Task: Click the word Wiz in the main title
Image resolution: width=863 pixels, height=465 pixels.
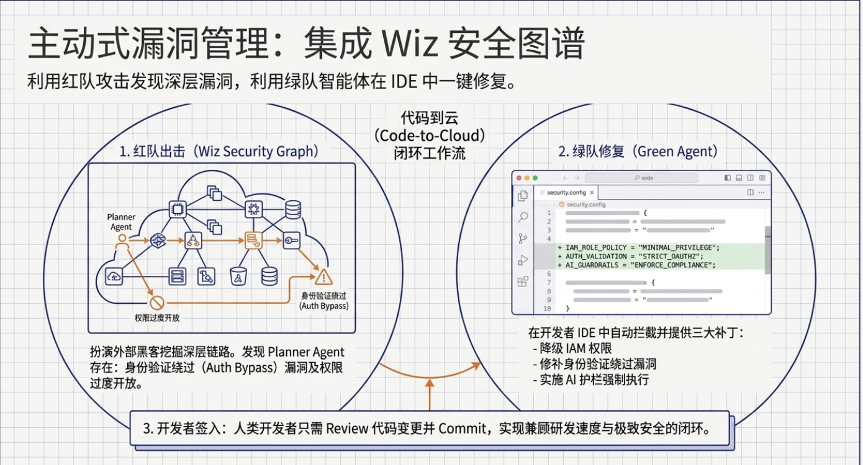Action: pyautogui.click(x=410, y=43)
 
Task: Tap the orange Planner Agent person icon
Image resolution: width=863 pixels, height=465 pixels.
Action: pyautogui.click(x=122, y=242)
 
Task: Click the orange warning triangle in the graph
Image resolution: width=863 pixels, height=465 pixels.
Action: pyautogui.click(x=323, y=277)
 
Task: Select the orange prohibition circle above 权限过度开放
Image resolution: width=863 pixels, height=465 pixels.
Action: pyautogui.click(x=157, y=303)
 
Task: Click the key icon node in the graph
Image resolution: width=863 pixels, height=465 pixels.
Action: pyautogui.click(x=291, y=241)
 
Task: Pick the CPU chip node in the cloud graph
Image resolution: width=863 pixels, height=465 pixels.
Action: pyautogui.click(x=178, y=210)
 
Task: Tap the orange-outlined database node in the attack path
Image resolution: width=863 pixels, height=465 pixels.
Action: pyautogui.click(x=253, y=241)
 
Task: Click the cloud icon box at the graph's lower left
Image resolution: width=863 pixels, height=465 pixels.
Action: pyautogui.click(x=114, y=276)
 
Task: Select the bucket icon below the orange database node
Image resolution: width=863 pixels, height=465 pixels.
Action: pyautogui.click(x=238, y=277)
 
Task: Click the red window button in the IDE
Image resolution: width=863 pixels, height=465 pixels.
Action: pyautogui.click(x=519, y=178)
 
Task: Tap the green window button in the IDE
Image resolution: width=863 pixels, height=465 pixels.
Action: pyautogui.click(x=535, y=178)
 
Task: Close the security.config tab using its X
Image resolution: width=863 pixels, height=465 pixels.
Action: pyautogui.click(x=592, y=192)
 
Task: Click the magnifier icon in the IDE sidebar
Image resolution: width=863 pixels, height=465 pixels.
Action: pyautogui.click(x=523, y=217)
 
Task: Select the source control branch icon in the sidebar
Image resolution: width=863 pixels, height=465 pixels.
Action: pyautogui.click(x=523, y=239)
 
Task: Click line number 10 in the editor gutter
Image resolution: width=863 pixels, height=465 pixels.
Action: pyautogui.click(x=547, y=309)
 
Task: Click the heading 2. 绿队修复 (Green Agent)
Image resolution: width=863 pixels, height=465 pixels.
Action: pyautogui.click(x=638, y=151)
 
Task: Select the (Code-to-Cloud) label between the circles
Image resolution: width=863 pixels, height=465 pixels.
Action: pyautogui.click(x=430, y=135)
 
